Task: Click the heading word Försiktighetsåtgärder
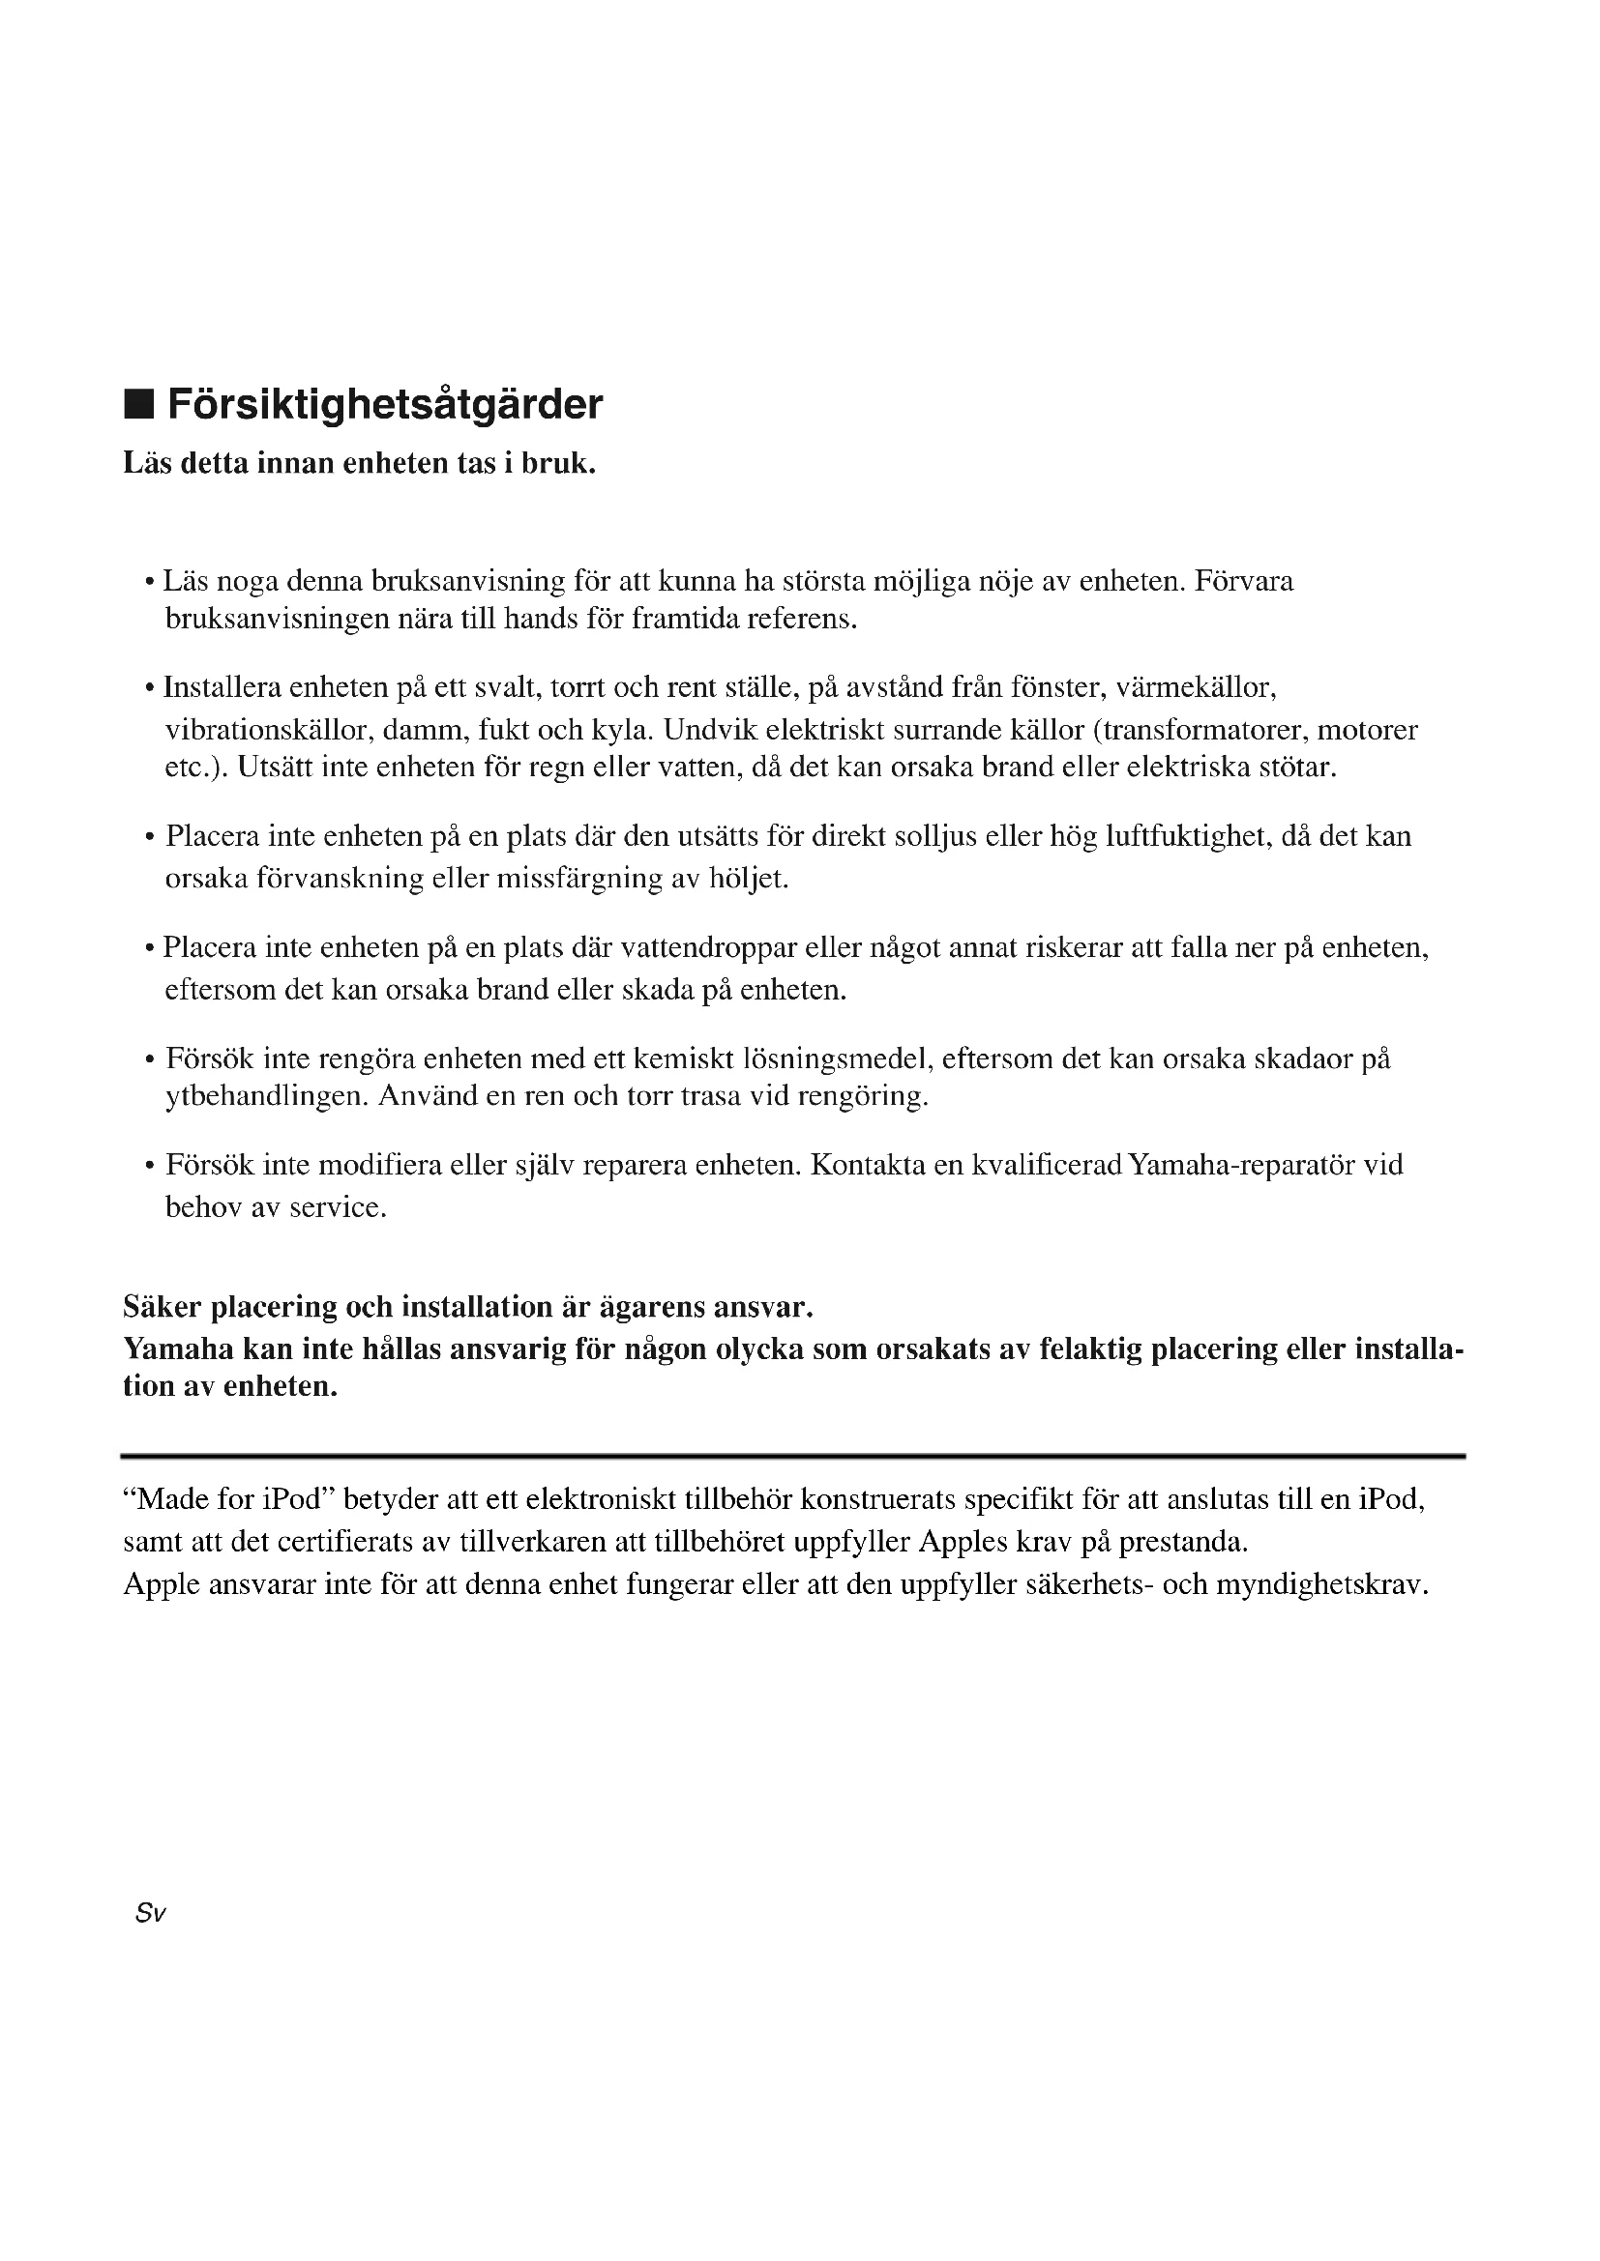pos(385,405)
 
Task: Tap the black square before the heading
pos(139,405)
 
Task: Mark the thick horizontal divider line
pos(793,1456)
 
